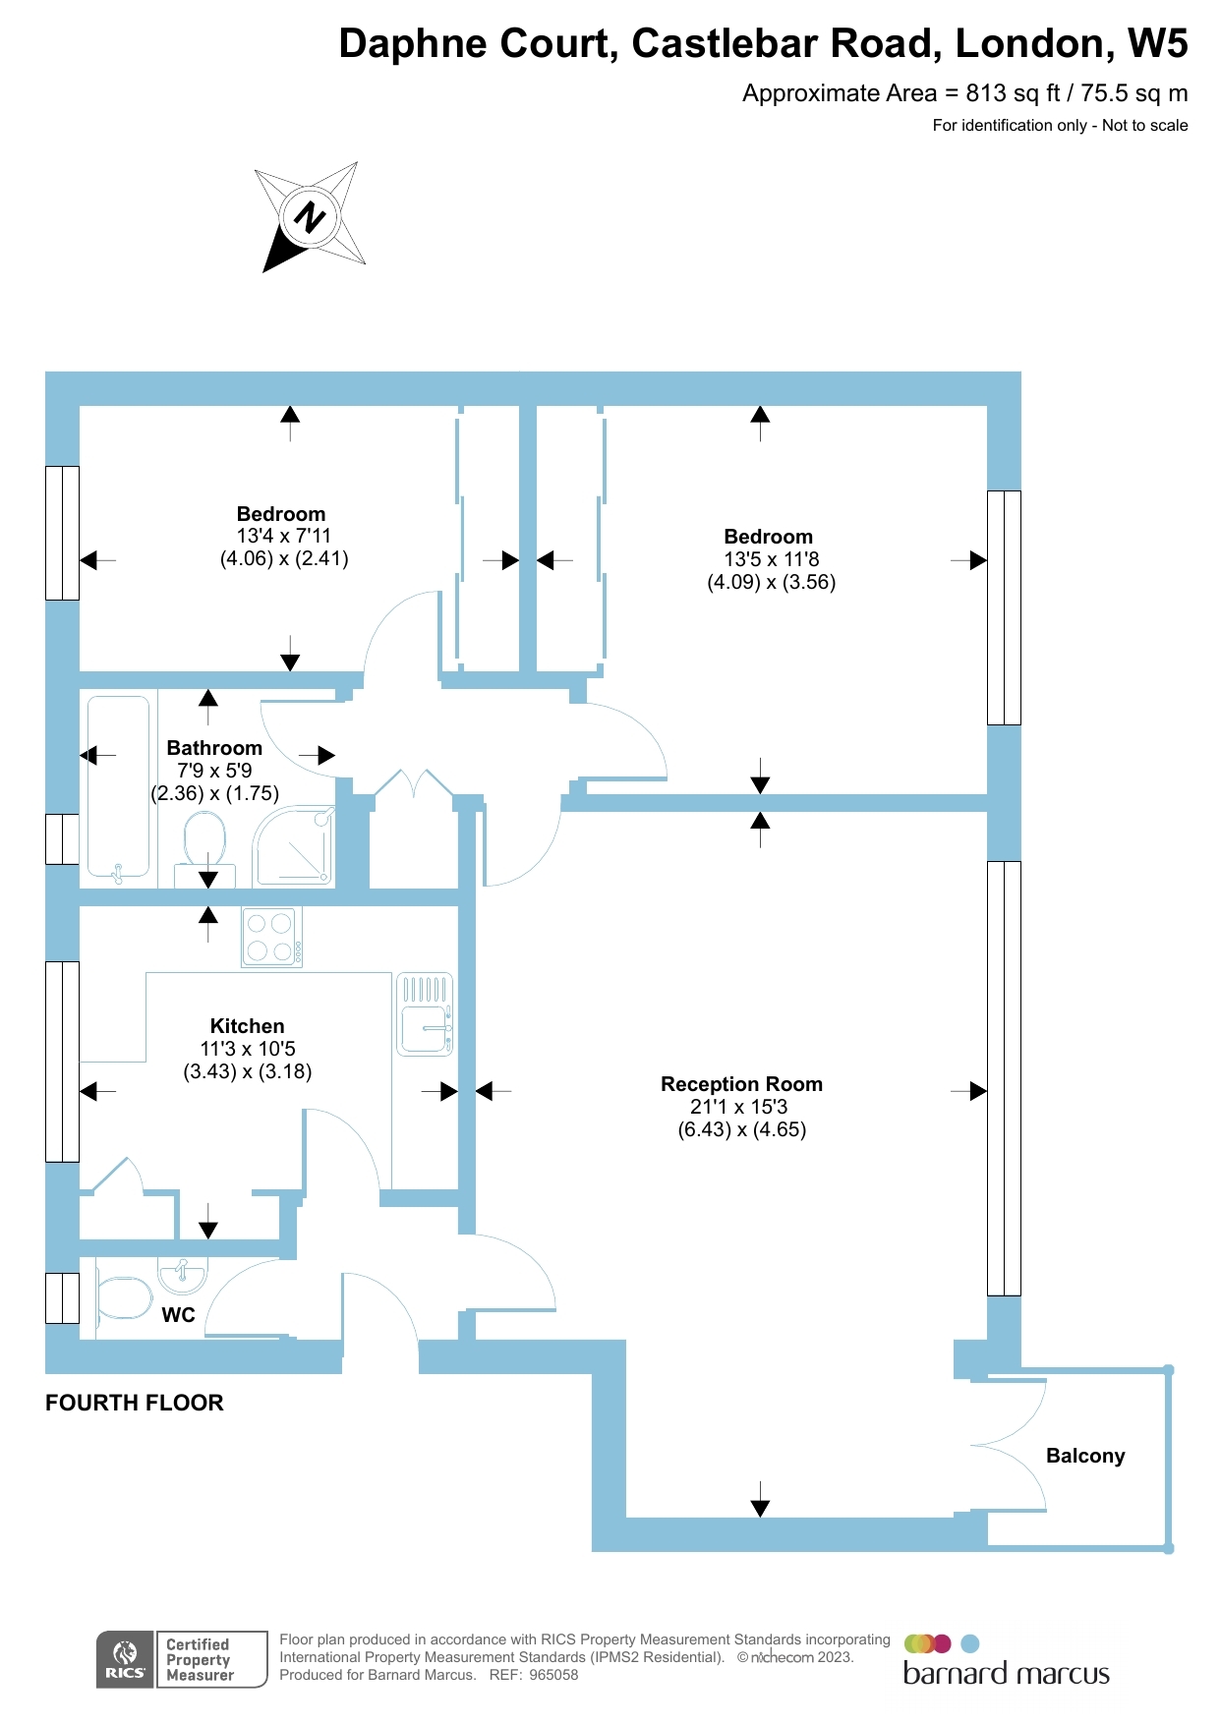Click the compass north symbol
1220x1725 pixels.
pyautogui.click(x=311, y=216)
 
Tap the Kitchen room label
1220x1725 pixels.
pyautogui.click(x=247, y=1026)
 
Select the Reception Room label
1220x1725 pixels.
pyautogui.click(x=741, y=1084)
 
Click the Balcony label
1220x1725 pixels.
pyautogui.click(x=1085, y=1456)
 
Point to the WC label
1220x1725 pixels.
pyautogui.click(x=178, y=1315)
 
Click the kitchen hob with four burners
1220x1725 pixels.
pyautogui.click(x=271, y=937)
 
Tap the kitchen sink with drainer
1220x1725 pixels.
pyautogui.click(x=425, y=1014)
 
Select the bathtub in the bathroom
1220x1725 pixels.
pyautogui.click(x=118, y=786)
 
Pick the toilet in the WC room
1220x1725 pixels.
pyautogui.click(x=123, y=1297)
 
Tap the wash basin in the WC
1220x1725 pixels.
pyautogui.click(x=183, y=1275)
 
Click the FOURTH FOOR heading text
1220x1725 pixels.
pyautogui.click(x=135, y=1403)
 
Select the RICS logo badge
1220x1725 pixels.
pyautogui.click(x=125, y=1659)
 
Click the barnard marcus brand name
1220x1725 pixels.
pyautogui.click(x=1006, y=1674)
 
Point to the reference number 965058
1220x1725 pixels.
pyautogui.click(x=553, y=1675)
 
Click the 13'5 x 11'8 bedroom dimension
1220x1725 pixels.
pyautogui.click(x=771, y=559)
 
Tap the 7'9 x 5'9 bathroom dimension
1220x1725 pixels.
pyautogui.click(x=214, y=771)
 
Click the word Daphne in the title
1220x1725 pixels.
pyautogui.click(x=412, y=44)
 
